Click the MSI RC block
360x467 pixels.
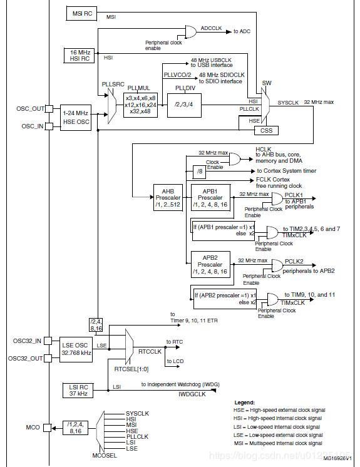pos(83,13)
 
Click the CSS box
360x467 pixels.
pos(266,131)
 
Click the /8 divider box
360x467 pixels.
pos(200,171)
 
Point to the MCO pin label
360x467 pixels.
pos(33,428)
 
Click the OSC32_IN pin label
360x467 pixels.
pos(27,341)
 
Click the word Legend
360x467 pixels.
pos(245,403)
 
